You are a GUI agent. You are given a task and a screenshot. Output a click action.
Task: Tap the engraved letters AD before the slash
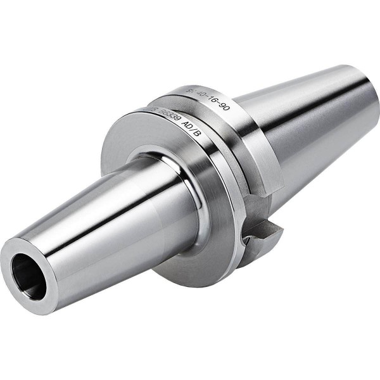tap(187, 125)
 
